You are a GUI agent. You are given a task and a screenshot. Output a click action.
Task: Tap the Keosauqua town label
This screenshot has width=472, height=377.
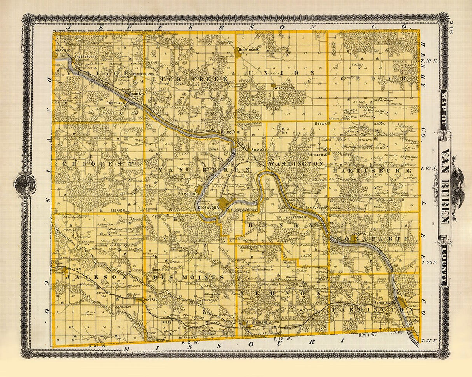[x=208, y=208]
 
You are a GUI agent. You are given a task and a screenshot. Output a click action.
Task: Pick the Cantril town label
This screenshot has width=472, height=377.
[x=150, y=300]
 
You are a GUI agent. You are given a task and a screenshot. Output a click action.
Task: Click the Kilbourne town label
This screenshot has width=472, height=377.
[x=232, y=132]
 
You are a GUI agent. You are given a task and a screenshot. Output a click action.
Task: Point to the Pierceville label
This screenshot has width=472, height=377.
[x=316, y=154]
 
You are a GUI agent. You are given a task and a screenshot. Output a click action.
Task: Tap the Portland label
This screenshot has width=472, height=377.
[x=116, y=103]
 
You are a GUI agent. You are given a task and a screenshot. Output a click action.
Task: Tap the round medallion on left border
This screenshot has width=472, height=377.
[x=24, y=182]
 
